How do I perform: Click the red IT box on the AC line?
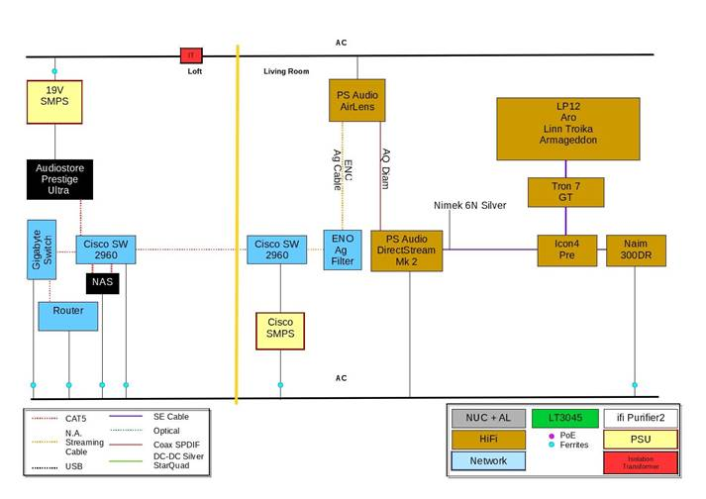(190, 55)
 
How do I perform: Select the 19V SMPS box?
(54, 102)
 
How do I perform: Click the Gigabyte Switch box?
(43, 249)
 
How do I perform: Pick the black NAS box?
(103, 283)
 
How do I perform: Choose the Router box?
(68, 315)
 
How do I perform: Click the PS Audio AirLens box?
(355, 101)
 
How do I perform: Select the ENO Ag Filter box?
(342, 249)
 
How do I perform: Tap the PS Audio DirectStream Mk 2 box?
(407, 250)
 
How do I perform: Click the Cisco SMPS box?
(280, 332)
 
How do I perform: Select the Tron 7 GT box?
(565, 192)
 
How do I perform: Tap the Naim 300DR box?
(635, 250)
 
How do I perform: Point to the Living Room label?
(286, 71)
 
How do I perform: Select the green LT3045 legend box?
(563, 418)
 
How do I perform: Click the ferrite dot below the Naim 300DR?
(635, 384)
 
